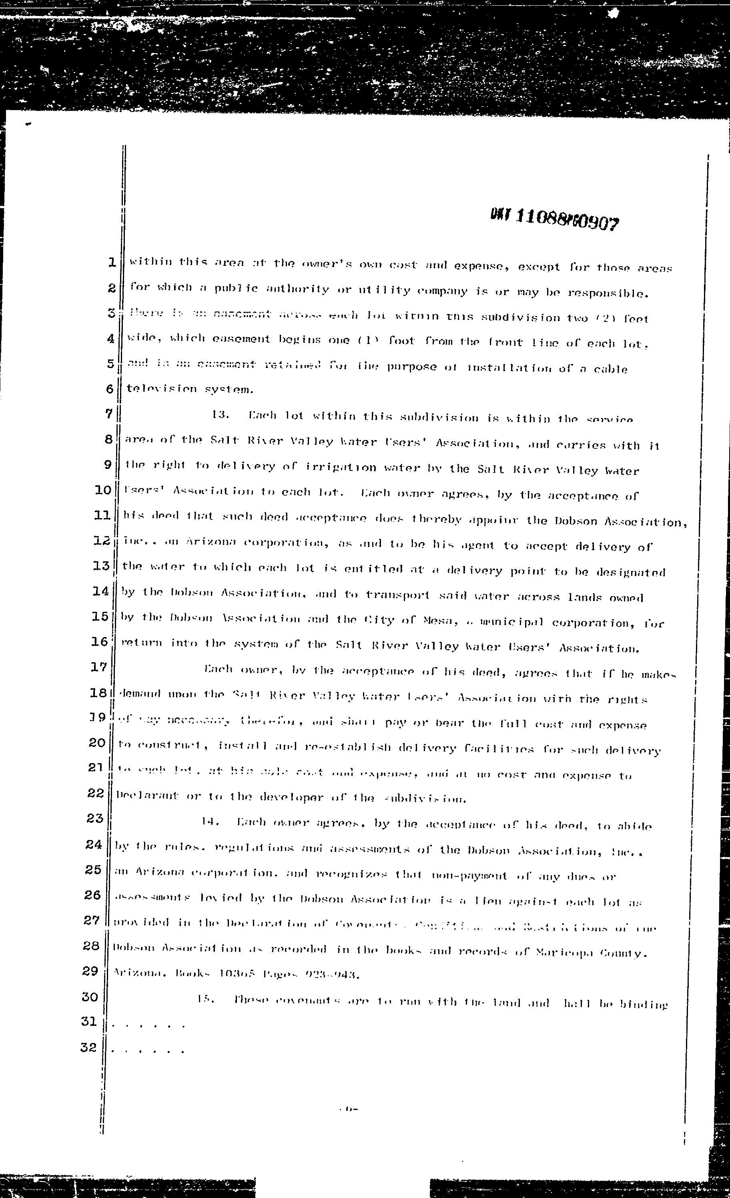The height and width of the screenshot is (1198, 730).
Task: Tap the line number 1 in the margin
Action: (x=112, y=263)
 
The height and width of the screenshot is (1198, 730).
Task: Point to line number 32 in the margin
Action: (x=88, y=1047)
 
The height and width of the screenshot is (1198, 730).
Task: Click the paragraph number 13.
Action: (x=220, y=415)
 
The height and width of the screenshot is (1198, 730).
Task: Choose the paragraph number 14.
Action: (x=211, y=822)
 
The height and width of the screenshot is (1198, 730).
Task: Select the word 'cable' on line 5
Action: (x=610, y=369)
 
